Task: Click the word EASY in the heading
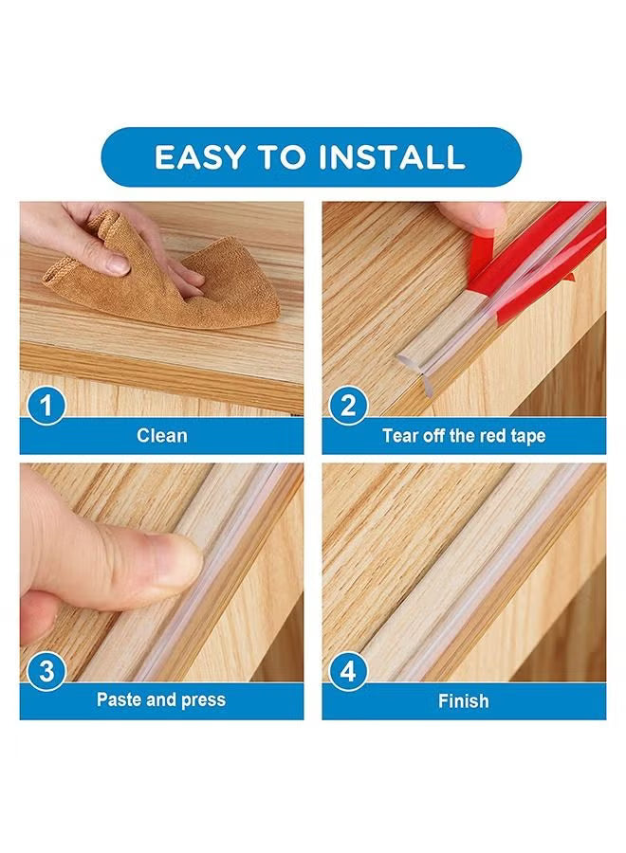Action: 199,157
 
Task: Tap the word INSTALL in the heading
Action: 392,157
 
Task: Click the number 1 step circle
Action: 46,406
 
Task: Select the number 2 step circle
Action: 348,406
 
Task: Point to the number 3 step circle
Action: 46,671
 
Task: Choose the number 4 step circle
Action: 348,671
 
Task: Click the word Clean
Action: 161,435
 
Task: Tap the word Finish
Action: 463,700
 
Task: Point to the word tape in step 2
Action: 528,437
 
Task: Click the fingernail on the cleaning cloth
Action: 117,265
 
